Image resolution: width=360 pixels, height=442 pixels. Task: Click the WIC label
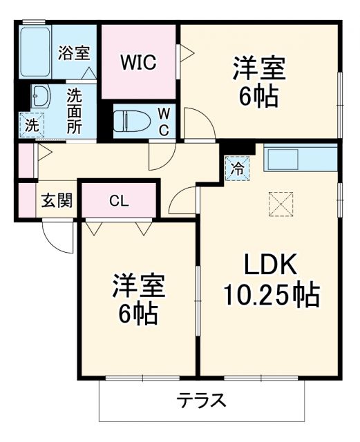pos(140,61)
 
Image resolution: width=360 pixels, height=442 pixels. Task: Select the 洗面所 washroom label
pos(74,110)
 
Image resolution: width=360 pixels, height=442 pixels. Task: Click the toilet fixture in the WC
pos(133,122)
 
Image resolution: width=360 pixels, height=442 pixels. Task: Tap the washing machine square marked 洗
pos(31,125)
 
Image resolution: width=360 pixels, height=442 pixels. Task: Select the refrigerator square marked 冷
pos(237,167)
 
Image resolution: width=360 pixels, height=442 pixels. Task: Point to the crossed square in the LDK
pos(281,204)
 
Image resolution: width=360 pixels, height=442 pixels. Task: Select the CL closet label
pos(119,201)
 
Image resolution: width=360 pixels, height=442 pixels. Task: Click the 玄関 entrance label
pos(56,201)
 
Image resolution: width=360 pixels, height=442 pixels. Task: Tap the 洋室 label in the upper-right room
pos(259,70)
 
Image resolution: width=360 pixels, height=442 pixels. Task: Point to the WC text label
pos(163,122)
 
